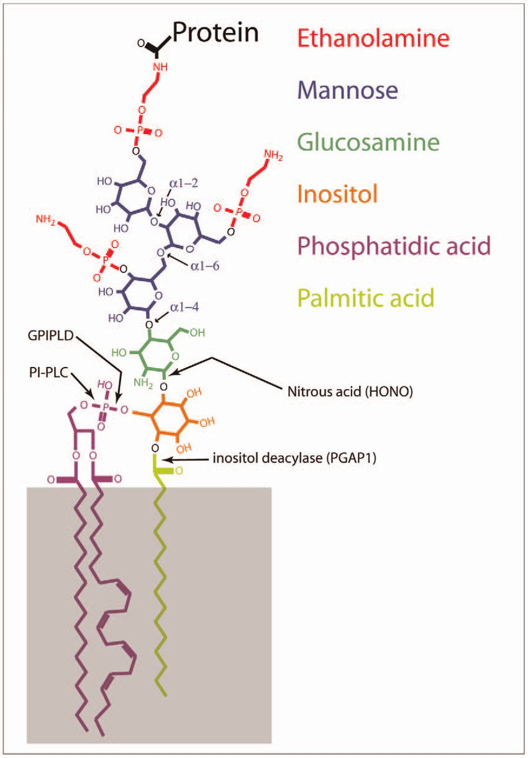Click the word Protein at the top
[x=215, y=32]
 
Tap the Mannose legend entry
[x=347, y=90]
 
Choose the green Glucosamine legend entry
[x=368, y=142]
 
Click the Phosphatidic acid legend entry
[x=394, y=246]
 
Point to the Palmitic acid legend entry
[x=365, y=298]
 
